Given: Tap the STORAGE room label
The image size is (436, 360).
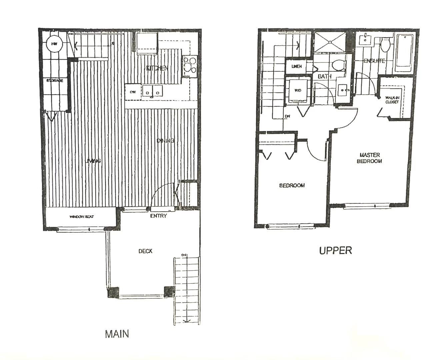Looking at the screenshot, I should point(55,80).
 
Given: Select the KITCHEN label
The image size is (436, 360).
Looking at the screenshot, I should point(156,68).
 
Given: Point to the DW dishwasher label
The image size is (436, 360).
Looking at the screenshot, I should point(133,92).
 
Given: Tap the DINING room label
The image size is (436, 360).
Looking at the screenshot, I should point(166,140).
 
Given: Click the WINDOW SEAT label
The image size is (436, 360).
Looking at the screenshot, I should point(82,217).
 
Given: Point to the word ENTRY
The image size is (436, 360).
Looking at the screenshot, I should point(158,216).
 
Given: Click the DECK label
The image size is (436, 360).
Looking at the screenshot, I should point(146,251).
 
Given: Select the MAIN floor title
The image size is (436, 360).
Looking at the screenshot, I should point(117,334).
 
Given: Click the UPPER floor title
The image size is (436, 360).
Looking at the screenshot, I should point(335,250).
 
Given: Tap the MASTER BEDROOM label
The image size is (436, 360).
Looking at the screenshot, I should point(369,158).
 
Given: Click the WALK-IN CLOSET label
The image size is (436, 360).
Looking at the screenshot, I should point(392,100).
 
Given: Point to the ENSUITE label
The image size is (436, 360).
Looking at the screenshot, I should point(374,61).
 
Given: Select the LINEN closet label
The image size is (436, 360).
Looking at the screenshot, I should point(296,66).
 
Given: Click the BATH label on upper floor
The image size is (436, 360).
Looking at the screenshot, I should point(324,76).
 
